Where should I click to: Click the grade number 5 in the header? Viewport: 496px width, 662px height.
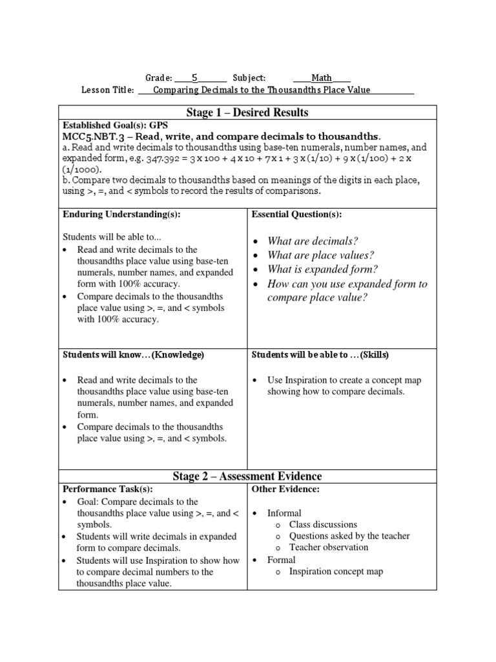point(193,78)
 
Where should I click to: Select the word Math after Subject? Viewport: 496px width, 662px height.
point(322,78)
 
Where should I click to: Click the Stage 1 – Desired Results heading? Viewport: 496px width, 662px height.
point(247,112)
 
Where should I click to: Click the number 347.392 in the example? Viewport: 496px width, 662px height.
point(163,159)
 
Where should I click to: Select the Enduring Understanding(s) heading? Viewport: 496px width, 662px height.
point(121,214)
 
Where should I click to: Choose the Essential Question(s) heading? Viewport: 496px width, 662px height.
point(296,214)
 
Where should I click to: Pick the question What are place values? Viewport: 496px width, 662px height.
point(321,255)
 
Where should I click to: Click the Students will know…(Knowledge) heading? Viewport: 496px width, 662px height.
point(133,355)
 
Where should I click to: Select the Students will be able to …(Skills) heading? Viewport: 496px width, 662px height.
point(320,355)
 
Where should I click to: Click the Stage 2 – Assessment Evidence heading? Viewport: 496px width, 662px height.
point(247,476)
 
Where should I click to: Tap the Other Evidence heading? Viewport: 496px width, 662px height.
point(285,489)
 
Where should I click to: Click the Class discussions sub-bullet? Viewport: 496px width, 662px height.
point(323,524)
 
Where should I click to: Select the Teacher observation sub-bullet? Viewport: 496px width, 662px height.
point(329,547)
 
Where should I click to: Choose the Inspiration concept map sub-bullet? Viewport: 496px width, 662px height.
point(336,571)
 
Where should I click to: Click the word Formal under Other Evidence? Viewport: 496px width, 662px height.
point(282,559)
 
